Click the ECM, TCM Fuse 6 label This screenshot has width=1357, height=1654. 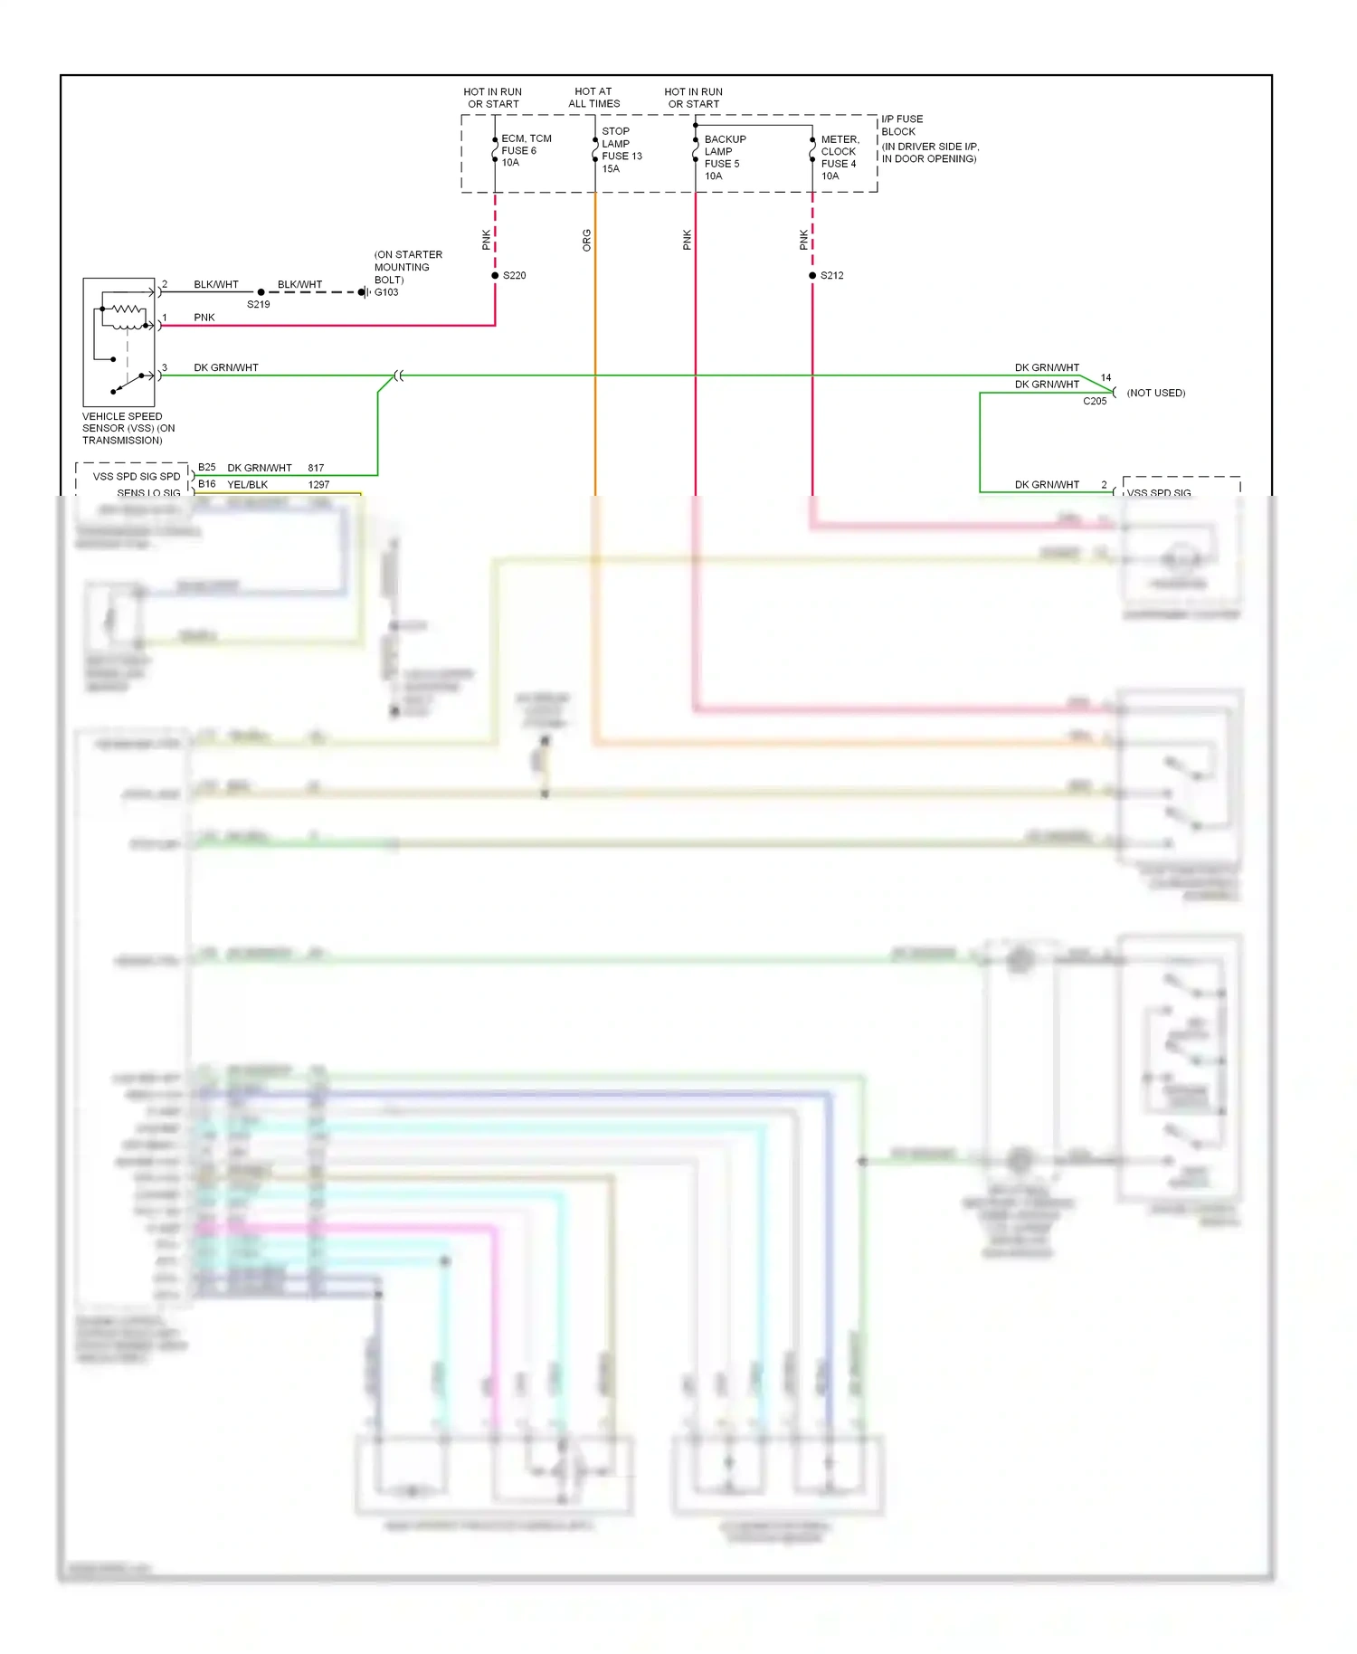(526, 150)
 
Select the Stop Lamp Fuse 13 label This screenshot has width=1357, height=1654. (622, 149)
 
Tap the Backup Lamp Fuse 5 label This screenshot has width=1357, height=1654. (725, 157)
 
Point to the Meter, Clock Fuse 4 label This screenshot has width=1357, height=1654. (840, 157)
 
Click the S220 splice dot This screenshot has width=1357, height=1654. (495, 275)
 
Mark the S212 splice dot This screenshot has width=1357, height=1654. (812, 275)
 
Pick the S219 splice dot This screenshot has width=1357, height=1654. (261, 292)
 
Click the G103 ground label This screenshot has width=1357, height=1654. (386, 292)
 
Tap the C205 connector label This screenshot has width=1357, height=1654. (1095, 401)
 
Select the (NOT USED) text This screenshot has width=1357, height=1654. (1155, 393)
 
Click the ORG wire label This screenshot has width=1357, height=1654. (586, 240)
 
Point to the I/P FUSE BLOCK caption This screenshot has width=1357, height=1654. (902, 125)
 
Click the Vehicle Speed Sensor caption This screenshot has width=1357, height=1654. (128, 428)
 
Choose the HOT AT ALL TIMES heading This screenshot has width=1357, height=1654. (593, 98)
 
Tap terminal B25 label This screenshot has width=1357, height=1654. (207, 468)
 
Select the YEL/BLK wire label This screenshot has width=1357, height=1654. (247, 485)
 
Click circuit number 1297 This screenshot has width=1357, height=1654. (318, 485)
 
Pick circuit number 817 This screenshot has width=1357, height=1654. (316, 468)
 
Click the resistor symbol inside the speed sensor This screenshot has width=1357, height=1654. (127, 309)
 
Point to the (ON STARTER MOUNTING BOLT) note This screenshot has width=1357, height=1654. (408, 267)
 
